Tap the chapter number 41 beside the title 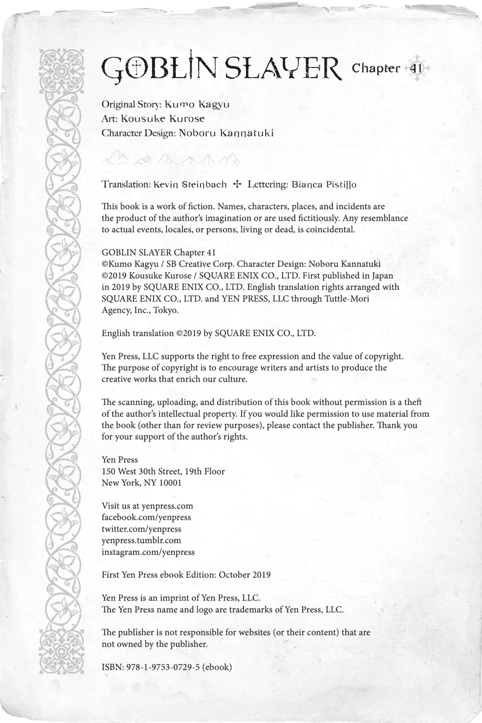[416, 69]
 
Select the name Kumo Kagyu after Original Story [197, 104]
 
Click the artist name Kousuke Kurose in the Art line [162, 118]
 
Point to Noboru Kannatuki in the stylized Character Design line [226, 133]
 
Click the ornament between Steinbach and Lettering [237, 184]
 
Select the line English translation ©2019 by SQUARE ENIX [208, 333]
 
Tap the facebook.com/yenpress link [146, 517]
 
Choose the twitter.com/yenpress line [141, 529]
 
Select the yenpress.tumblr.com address [141, 540]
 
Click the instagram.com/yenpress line [148, 552]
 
